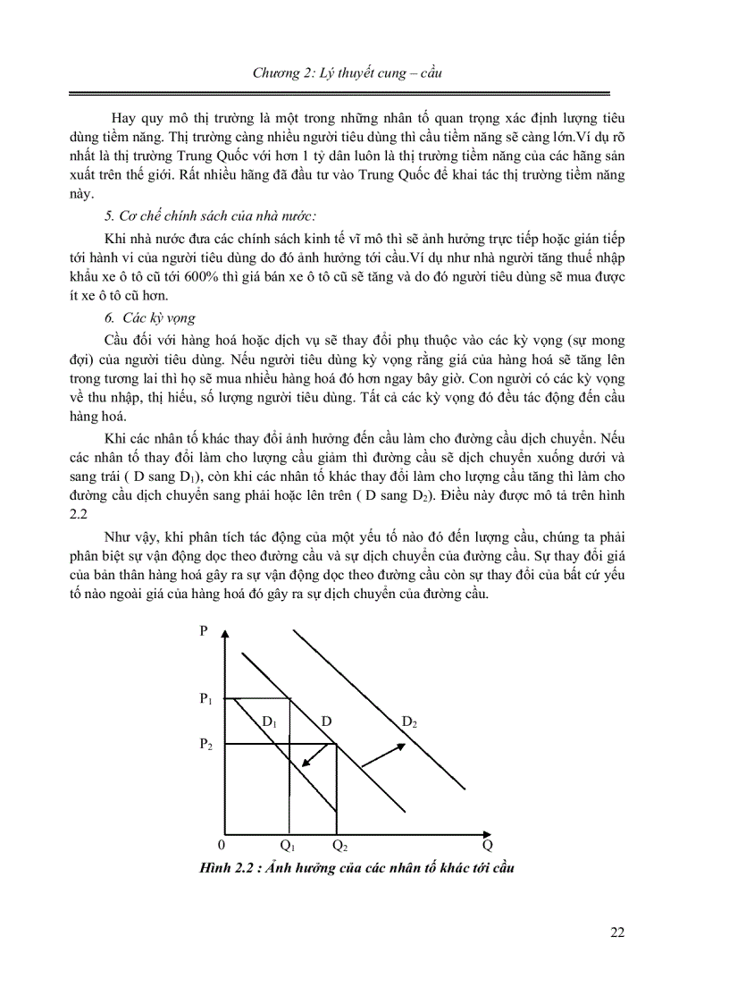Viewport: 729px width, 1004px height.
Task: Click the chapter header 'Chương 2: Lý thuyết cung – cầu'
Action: (364, 73)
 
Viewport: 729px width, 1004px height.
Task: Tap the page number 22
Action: (616, 932)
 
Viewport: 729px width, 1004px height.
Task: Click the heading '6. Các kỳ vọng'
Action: (149, 317)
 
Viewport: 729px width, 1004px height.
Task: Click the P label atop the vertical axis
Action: (204, 630)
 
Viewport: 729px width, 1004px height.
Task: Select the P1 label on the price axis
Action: (205, 699)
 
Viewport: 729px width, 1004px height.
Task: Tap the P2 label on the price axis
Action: (205, 744)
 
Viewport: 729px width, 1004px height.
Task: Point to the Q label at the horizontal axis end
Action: (487, 844)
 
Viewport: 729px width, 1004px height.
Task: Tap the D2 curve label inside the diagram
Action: (409, 721)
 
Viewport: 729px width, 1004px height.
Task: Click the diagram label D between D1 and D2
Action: (327, 721)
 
